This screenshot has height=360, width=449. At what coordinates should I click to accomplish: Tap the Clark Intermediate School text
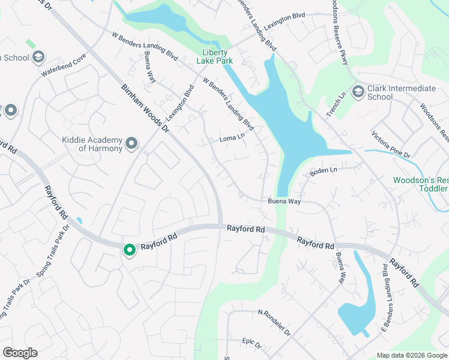(x=401, y=92)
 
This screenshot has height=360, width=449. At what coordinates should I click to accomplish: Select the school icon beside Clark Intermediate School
(x=358, y=91)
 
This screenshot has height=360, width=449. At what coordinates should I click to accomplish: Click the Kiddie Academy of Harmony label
(x=92, y=144)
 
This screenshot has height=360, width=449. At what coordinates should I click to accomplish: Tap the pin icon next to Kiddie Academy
(x=132, y=144)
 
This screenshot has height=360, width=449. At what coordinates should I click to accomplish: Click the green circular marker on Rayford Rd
(x=129, y=250)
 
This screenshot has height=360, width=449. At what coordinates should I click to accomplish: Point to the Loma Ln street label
(x=233, y=139)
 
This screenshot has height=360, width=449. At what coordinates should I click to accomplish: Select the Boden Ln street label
(x=324, y=172)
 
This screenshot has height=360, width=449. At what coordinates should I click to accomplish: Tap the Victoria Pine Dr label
(x=391, y=145)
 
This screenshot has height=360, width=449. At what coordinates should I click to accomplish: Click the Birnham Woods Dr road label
(x=143, y=106)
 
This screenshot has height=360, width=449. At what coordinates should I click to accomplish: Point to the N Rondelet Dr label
(x=274, y=322)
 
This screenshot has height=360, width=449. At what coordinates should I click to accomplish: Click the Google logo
(x=20, y=353)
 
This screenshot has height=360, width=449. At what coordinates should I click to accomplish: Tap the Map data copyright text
(x=412, y=355)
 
